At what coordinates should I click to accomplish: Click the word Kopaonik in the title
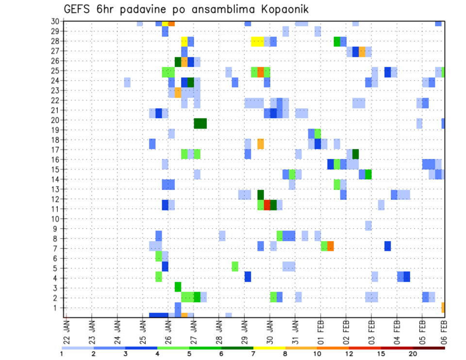pos(281,9)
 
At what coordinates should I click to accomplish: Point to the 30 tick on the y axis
pos(55,21)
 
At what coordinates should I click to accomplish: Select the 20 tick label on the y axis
pos(55,120)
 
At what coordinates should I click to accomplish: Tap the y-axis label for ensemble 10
pos(55,218)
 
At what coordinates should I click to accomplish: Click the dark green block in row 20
pos(200,123)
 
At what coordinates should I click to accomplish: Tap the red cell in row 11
pos(267,205)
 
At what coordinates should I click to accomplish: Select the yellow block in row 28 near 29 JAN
pos(258,41)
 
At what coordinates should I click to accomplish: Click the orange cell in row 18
pos(261,144)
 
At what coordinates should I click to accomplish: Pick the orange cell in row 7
pos(331,246)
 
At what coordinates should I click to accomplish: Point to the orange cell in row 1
pos(443,308)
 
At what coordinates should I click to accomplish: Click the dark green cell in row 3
pos(178,287)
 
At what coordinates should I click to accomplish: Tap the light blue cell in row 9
pos(368,226)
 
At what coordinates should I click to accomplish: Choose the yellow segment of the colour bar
pos(269,348)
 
